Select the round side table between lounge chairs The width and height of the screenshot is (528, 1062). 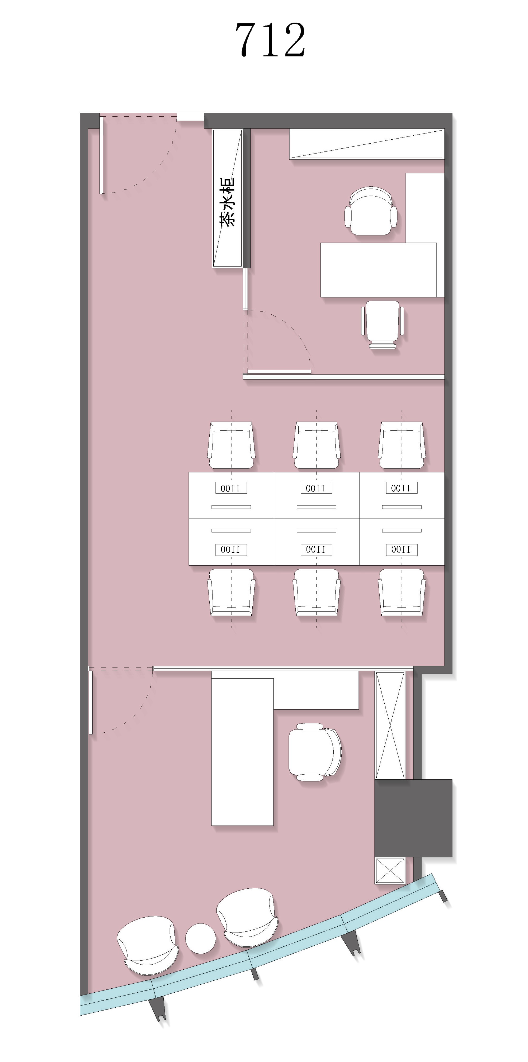click(200, 938)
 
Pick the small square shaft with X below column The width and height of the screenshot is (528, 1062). click(390, 871)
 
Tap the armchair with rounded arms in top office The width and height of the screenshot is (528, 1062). click(371, 211)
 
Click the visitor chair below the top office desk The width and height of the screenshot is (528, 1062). click(382, 324)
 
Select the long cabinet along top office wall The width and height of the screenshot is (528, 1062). click(367, 144)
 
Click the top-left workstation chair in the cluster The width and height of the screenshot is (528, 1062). click(231, 445)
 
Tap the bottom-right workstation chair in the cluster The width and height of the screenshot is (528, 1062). click(402, 592)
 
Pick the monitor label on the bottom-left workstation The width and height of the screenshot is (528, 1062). click(231, 549)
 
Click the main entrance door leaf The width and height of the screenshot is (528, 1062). click(101, 155)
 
